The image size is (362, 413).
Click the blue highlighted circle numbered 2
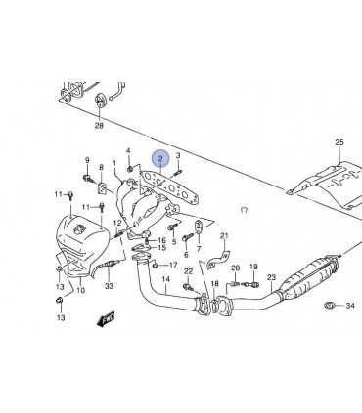pos(160,159)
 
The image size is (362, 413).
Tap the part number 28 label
pos(99,125)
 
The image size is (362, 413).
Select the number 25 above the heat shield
pos(339,142)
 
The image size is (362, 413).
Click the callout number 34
pos(350,306)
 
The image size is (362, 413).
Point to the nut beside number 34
pos(329,306)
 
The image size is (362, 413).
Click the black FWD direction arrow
pos(107,319)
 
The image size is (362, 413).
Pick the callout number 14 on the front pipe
pos(165,279)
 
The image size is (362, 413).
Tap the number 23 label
pos(271,277)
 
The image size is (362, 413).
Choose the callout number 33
pos(109,286)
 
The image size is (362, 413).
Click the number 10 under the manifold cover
pos(80,290)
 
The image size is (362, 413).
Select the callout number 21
pos(224,235)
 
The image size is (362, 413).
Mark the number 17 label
pos(173,265)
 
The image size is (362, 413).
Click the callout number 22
pos(188,271)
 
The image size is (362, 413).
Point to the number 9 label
pos(87,160)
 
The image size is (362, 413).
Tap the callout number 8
pos(101,167)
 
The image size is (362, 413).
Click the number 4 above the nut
pos(128,150)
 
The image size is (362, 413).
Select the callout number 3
pos(178,155)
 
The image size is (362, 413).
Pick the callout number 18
pos(214,284)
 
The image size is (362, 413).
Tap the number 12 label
pos(117,223)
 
